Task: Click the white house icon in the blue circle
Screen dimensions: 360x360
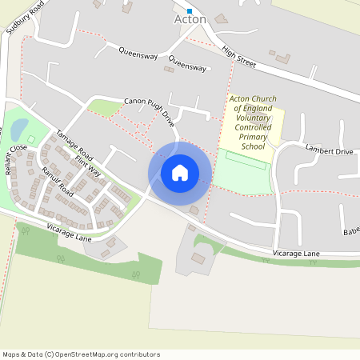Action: click(180, 172)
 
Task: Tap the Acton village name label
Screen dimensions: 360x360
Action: click(190, 19)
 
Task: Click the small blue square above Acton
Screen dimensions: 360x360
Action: click(190, 10)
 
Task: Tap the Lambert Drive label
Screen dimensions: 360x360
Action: click(329, 150)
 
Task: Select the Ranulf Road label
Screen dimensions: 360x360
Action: click(58, 183)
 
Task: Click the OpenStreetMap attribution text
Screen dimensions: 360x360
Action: click(81, 354)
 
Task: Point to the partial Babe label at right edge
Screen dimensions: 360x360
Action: click(351, 232)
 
